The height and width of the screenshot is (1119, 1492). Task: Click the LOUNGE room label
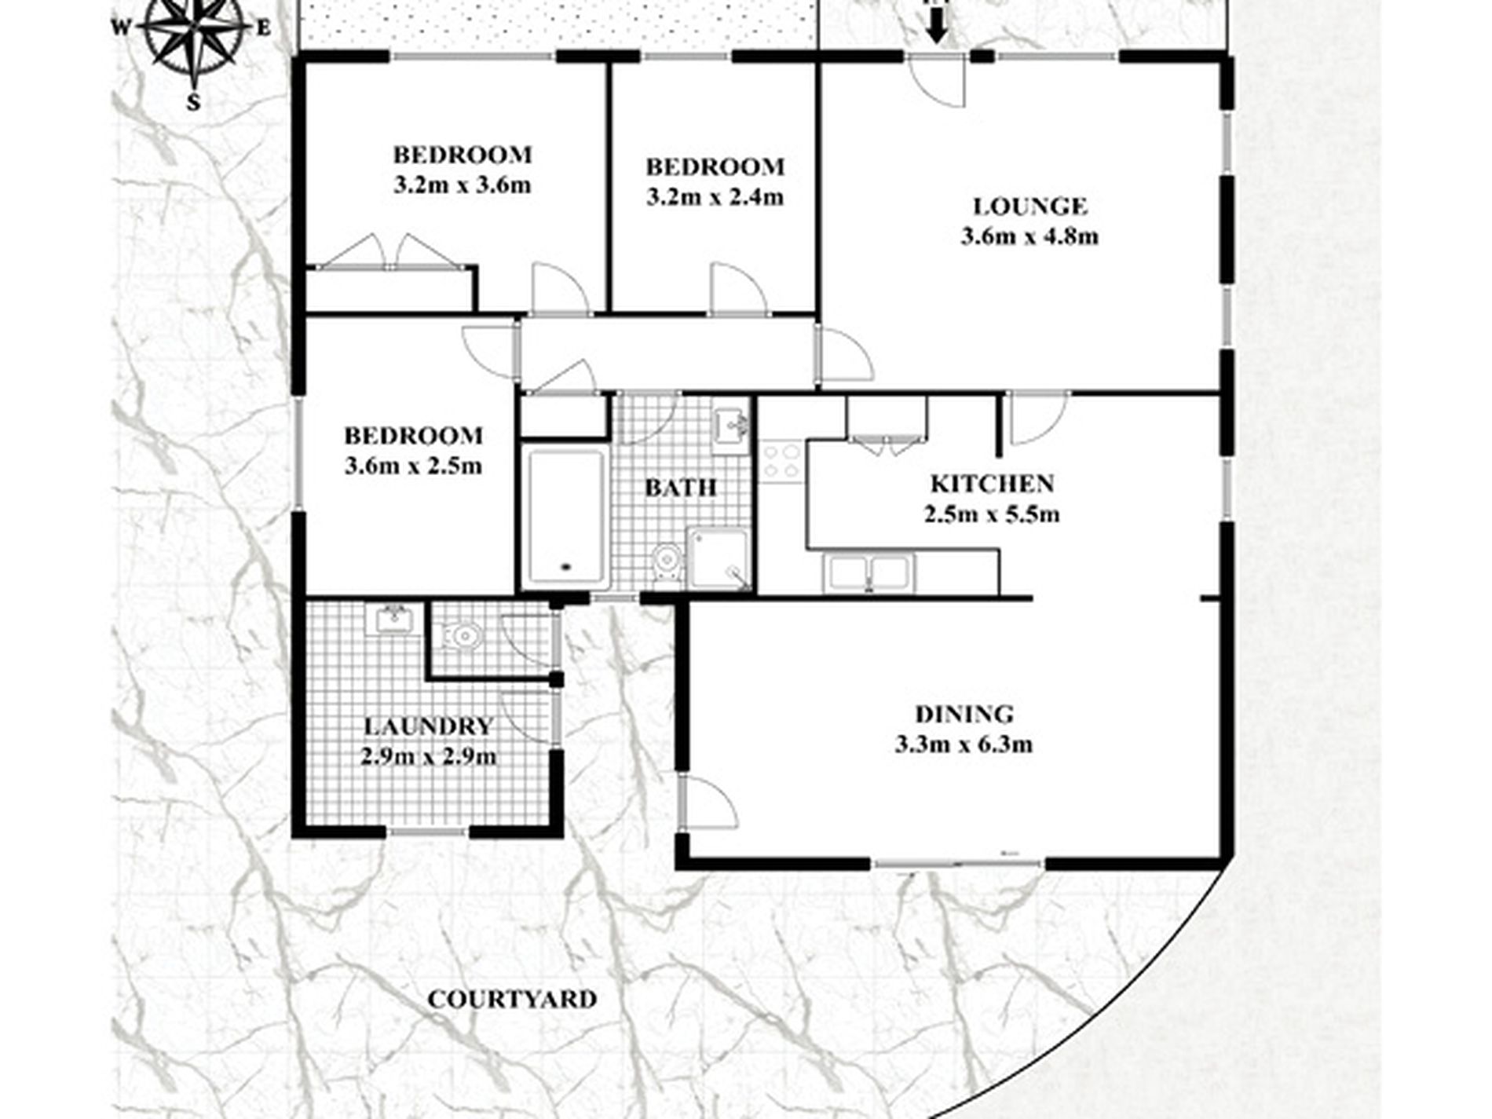[1029, 207]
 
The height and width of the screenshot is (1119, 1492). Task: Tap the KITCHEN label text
[992, 483]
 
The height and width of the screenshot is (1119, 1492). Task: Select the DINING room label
[964, 714]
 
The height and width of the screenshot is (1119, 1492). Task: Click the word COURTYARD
[512, 999]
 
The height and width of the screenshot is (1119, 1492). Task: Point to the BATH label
[681, 488]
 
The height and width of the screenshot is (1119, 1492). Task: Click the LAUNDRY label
[429, 726]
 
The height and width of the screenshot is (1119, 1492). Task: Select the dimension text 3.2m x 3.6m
[462, 185]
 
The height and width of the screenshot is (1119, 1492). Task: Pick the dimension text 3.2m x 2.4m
[715, 197]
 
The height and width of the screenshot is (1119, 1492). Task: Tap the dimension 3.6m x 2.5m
[413, 466]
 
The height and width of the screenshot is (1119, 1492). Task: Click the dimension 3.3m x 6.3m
[964, 744]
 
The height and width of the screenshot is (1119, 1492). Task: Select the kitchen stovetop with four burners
[781, 463]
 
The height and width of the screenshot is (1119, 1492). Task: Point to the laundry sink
[392, 620]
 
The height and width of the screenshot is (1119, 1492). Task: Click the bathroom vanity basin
[733, 430]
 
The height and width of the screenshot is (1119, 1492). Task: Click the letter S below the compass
[193, 101]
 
